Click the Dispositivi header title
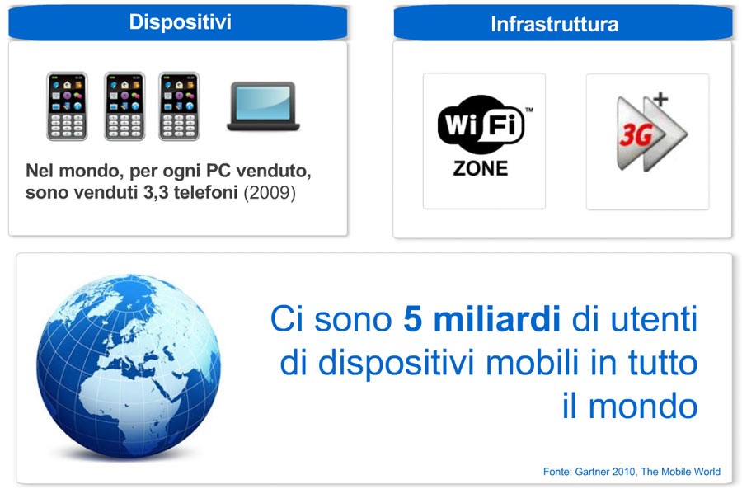pyautogui.click(x=181, y=22)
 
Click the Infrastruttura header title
pyautogui.click(x=555, y=24)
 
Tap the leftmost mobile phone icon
pyautogui.click(x=68, y=106)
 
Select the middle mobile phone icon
pyautogui.click(x=124, y=106)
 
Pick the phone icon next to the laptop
pyautogui.click(x=180, y=106)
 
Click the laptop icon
pyautogui.click(x=263, y=106)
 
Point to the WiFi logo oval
pyautogui.click(x=481, y=125)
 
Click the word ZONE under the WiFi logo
pyautogui.click(x=481, y=168)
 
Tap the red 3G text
pyautogui.click(x=636, y=135)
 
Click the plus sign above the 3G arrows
pyautogui.click(x=660, y=100)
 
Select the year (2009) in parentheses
pyautogui.click(x=270, y=193)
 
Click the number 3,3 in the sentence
pyautogui.click(x=156, y=193)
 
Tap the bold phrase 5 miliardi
pyautogui.click(x=481, y=319)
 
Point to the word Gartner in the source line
pyautogui.click(x=591, y=472)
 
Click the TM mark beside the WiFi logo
pyautogui.click(x=529, y=110)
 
